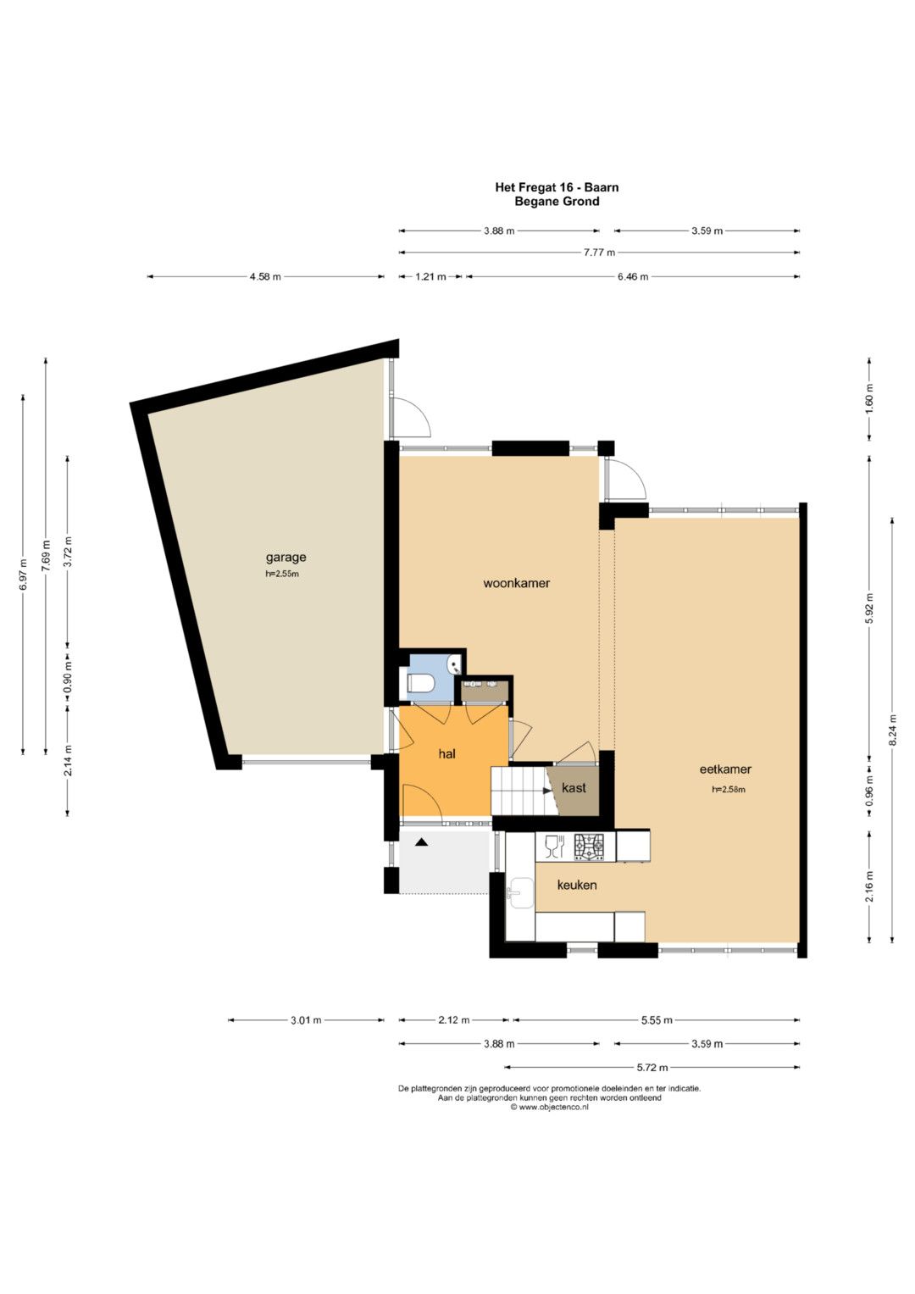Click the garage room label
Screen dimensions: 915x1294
coord(286,558)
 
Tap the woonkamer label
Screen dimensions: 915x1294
coord(517,583)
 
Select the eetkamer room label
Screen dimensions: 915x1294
coord(725,769)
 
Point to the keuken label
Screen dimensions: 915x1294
coord(576,885)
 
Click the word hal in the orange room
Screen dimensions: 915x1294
coord(447,754)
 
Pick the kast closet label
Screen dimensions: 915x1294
coord(574,787)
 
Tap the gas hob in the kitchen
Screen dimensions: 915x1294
coord(589,847)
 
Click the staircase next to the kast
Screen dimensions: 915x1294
coord(518,791)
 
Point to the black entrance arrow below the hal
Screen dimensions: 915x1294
coord(422,842)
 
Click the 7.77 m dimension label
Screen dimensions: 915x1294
coord(600,253)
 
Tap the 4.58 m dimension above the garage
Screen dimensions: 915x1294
coord(265,277)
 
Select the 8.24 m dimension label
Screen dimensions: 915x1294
coord(893,730)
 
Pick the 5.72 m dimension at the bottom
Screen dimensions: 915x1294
coord(652,1067)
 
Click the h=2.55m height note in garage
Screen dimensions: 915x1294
coord(282,575)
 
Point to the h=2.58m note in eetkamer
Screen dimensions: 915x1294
coord(729,790)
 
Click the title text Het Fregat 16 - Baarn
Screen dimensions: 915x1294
coord(557,187)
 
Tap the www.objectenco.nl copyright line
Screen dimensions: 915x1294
coord(549,1107)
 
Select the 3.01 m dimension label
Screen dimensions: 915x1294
coord(306,1020)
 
